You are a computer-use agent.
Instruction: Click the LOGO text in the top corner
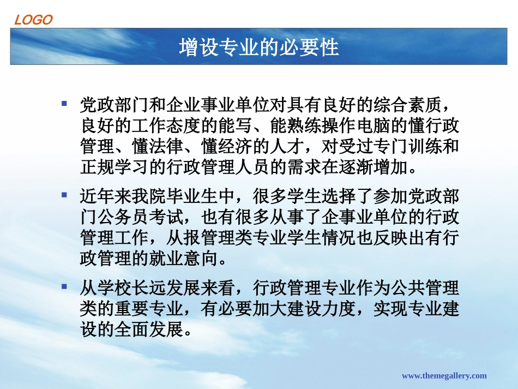pos(33,20)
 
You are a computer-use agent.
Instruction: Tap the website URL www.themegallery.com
pos(444,375)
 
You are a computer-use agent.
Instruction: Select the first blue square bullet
pos(64,103)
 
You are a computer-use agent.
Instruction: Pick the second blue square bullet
pos(64,194)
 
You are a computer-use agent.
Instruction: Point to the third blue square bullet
pos(64,286)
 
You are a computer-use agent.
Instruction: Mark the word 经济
pos(251,146)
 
